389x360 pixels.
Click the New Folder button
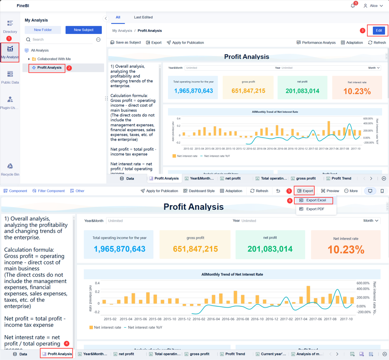tap(43, 30)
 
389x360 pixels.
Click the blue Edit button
tap(379, 31)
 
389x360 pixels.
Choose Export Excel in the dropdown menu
tap(316, 200)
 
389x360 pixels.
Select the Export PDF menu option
tap(315, 209)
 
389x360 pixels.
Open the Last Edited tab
tap(143, 17)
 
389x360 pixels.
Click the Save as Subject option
tap(126, 42)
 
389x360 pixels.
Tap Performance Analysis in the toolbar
tap(316, 42)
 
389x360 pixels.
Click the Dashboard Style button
tap(199, 191)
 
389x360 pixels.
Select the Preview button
tap(330, 191)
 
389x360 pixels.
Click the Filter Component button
tap(49, 191)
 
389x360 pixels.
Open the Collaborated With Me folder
tap(54, 59)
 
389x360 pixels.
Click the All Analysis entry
tap(40, 50)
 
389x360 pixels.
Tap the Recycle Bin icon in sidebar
tap(10, 166)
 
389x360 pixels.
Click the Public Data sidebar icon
tap(10, 74)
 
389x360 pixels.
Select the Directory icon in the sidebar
tap(10, 24)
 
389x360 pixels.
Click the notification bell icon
tap(353, 6)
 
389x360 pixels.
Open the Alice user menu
tap(373, 6)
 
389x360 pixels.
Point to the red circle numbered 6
tap(289, 200)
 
